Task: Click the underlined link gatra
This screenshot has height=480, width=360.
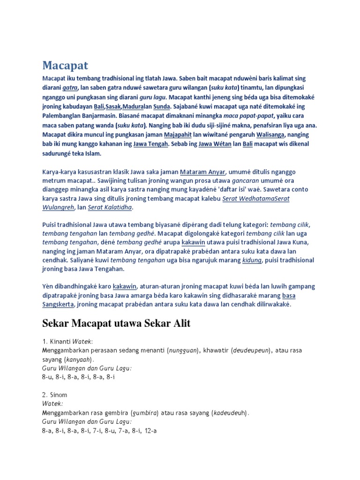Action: coord(70,87)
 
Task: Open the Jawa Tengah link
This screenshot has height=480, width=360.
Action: coord(150,144)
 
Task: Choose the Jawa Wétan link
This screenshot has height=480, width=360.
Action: coord(215,144)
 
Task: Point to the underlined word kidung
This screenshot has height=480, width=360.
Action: coord(252,260)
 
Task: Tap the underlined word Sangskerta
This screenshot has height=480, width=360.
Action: coord(59,305)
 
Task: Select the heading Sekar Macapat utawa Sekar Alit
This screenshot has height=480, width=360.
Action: coord(116,323)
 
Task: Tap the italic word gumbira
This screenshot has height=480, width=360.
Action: coord(145,413)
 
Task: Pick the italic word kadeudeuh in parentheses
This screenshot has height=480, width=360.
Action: coord(229,413)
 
